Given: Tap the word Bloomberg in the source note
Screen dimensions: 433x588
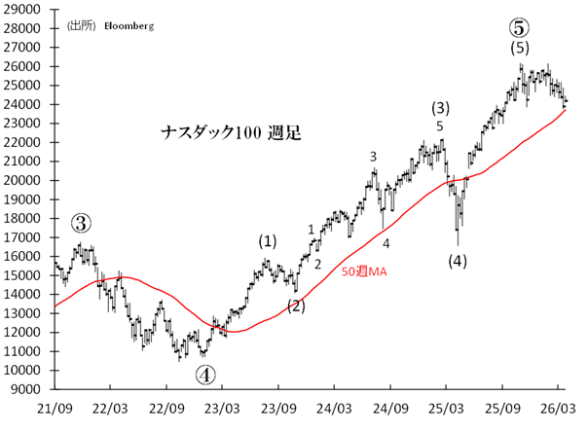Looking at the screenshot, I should [x=130, y=25].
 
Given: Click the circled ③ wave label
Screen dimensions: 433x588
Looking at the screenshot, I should [x=83, y=223].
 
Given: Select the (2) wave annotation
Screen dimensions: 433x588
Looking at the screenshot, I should [x=296, y=306].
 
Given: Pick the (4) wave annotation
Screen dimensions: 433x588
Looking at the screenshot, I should [x=458, y=260].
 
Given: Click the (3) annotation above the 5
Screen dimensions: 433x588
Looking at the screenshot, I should [x=440, y=107].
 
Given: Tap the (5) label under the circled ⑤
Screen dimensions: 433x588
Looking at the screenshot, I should [x=520, y=47].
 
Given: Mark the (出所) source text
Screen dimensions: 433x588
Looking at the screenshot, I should [x=82, y=25].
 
